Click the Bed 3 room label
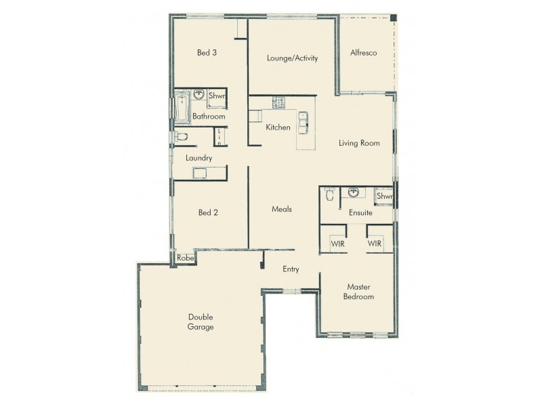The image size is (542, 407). click(207, 53)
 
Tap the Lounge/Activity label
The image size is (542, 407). click(293, 58)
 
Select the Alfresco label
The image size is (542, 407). click(363, 53)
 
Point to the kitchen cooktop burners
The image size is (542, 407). click(278, 103)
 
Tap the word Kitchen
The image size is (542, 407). click(278, 128)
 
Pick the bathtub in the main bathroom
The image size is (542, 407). click(181, 109)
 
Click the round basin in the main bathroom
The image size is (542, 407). click(199, 96)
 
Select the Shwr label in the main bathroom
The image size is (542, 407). click(217, 96)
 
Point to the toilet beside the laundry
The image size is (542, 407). click(180, 138)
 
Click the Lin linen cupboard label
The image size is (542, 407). click(220, 136)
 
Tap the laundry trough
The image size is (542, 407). click(199, 174)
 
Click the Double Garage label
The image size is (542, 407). click(201, 322)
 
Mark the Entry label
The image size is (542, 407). click(291, 269)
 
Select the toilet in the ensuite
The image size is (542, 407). click(330, 195)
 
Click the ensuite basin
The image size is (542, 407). click(353, 193)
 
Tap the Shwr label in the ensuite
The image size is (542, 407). click(384, 196)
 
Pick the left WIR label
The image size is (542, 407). click(337, 244)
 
